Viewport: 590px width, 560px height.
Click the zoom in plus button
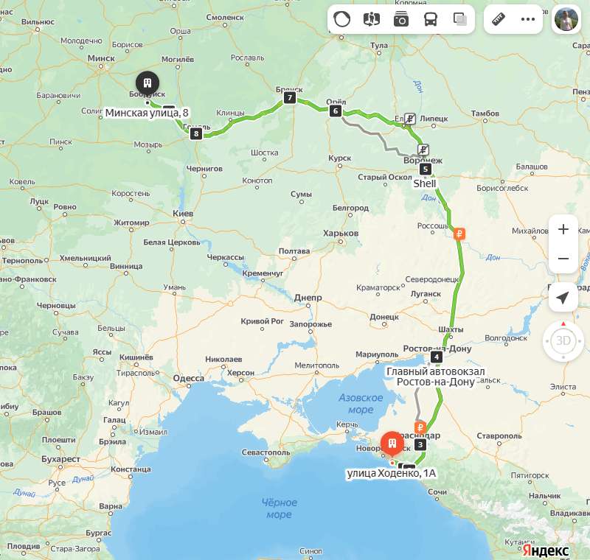tap(563, 229)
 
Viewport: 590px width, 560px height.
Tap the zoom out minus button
tap(563, 259)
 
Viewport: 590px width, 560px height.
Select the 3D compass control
tap(563, 340)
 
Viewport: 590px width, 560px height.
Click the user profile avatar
tap(567, 19)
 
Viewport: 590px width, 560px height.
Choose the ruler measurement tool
tap(499, 19)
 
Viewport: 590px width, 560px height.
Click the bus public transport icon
tap(430, 19)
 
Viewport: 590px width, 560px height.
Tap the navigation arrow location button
tap(563, 297)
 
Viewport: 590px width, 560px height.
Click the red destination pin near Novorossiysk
tap(392, 444)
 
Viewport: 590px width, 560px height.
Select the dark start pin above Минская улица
tap(147, 83)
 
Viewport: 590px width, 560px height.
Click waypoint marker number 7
tap(290, 98)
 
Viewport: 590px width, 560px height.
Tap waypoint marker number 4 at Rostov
tap(437, 357)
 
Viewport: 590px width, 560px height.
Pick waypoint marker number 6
tap(336, 111)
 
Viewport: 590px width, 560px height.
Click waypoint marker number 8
tap(196, 133)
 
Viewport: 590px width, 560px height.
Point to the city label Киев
tap(182, 213)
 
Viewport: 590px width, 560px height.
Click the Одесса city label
tap(188, 379)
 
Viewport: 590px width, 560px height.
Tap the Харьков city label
tap(341, 234)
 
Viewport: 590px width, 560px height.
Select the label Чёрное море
tap(280, 508)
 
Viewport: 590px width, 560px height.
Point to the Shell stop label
tap(424, 183)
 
